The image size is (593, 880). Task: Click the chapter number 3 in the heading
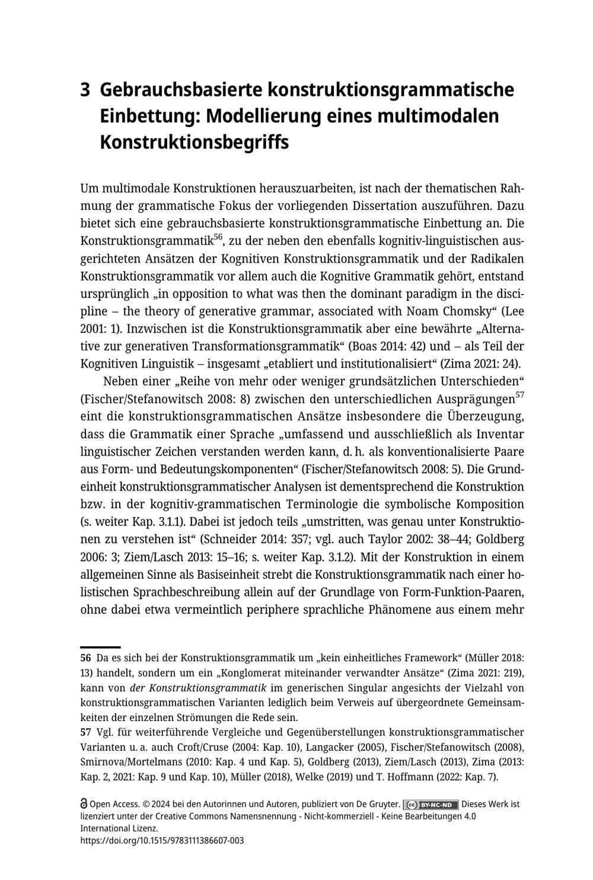85,90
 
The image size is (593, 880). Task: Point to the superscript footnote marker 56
218,237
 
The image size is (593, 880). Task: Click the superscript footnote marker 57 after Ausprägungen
519,394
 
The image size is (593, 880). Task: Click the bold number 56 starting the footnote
85,658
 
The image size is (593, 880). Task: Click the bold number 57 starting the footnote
85,732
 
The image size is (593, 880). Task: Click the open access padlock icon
84,805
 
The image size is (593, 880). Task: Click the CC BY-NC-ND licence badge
431,805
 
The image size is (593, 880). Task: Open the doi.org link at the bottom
162,840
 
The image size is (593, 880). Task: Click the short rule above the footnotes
100,647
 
